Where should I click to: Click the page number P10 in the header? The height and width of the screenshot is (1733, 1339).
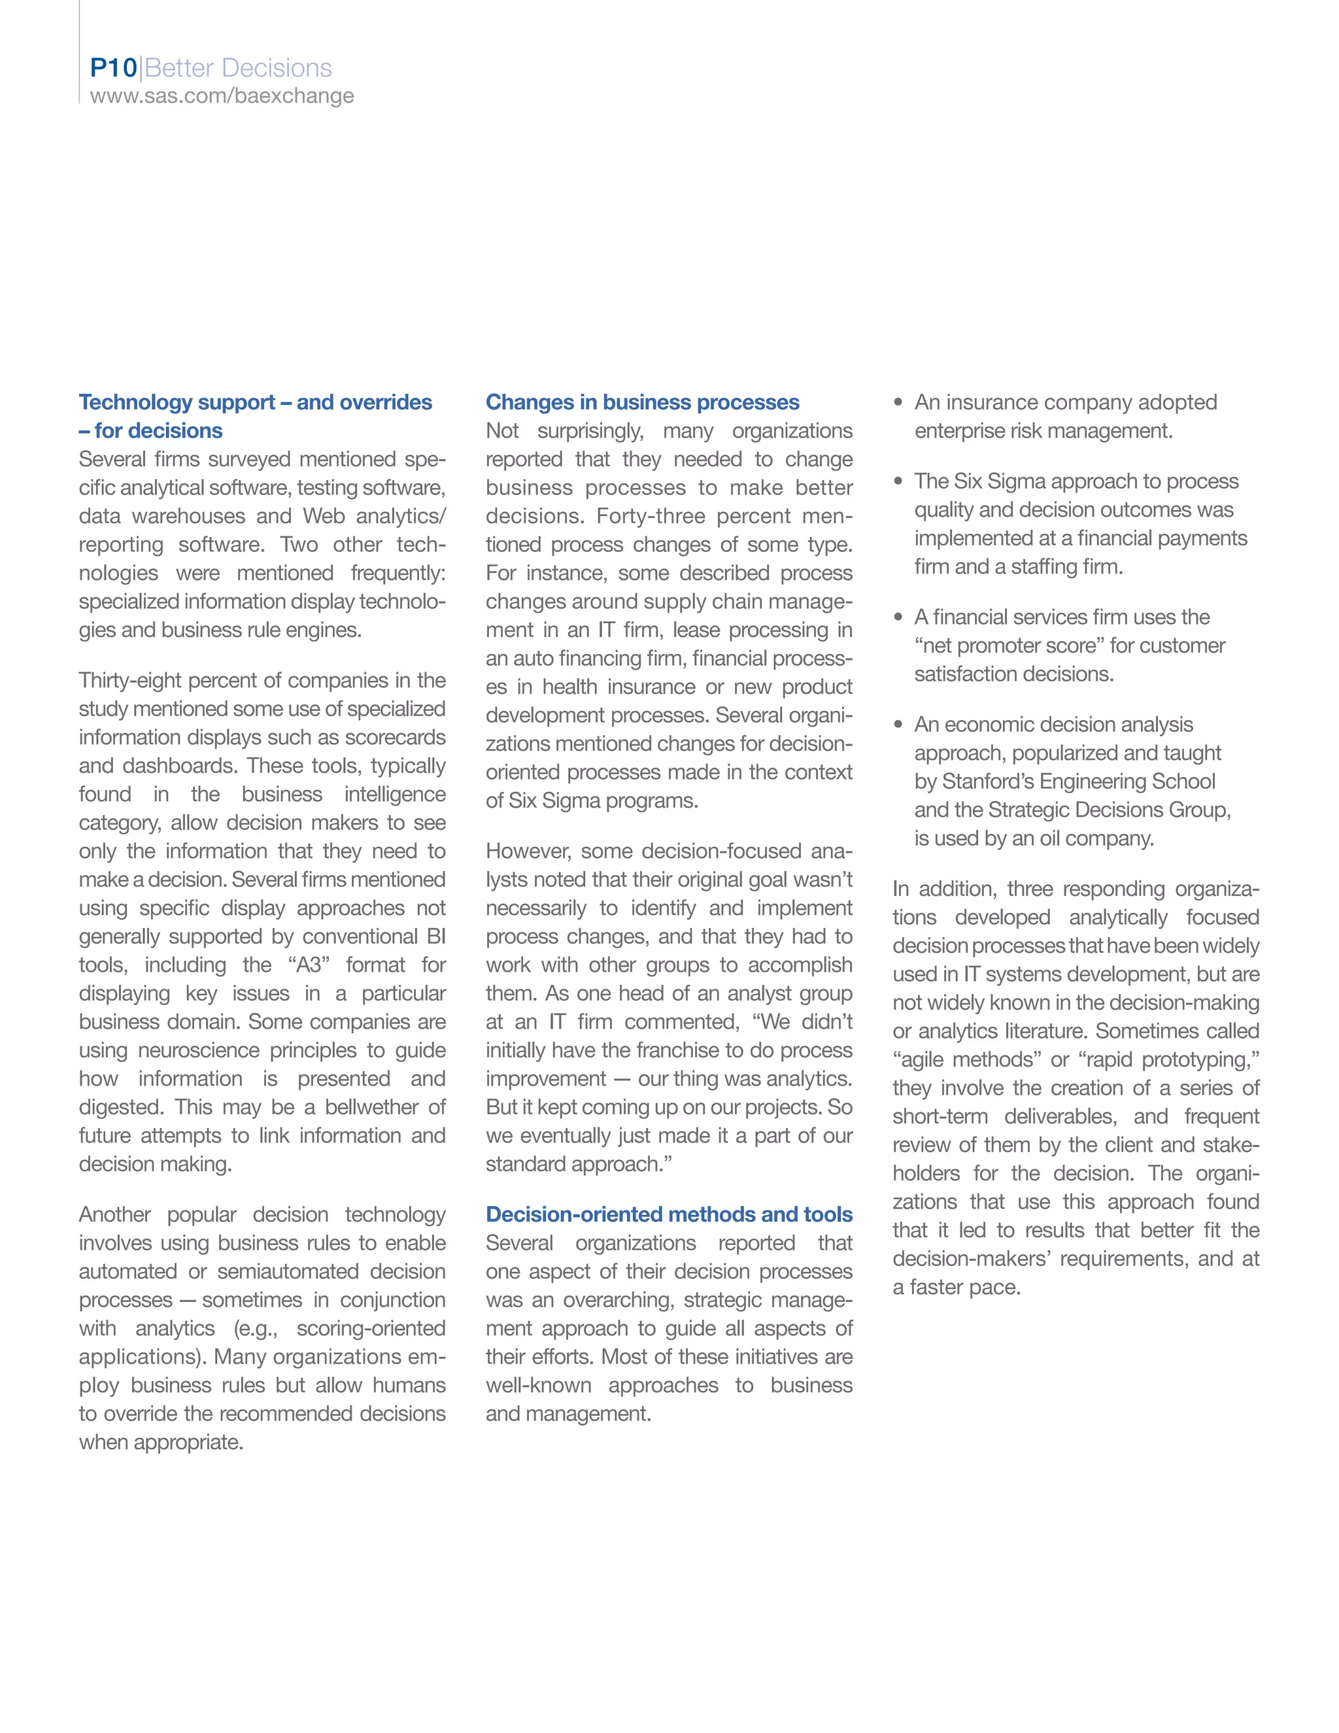113,68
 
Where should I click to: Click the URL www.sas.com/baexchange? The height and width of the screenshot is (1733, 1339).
222,96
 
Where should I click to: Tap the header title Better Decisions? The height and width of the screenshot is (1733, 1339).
238,68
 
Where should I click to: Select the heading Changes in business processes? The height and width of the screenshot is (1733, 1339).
642,402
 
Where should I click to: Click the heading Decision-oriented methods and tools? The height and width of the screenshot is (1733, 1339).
669,1214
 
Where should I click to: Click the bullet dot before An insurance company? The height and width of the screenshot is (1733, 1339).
898,402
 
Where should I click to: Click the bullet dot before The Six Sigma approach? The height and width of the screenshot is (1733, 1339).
898,482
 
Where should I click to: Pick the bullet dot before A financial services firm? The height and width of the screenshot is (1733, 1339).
898,617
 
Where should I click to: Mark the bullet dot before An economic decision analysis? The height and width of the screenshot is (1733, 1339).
898,725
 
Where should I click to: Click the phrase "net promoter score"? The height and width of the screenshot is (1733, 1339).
1009,646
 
